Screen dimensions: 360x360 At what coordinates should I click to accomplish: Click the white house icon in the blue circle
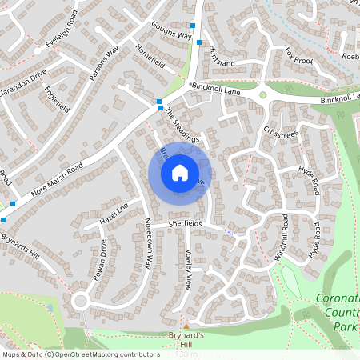[x=180, y=172]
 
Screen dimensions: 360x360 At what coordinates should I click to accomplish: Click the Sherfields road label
[x=185, y=224]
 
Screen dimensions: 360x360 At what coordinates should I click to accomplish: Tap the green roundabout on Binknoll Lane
[x=262, y=95]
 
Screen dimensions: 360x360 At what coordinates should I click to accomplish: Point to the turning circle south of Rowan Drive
[x=80, y=301]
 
